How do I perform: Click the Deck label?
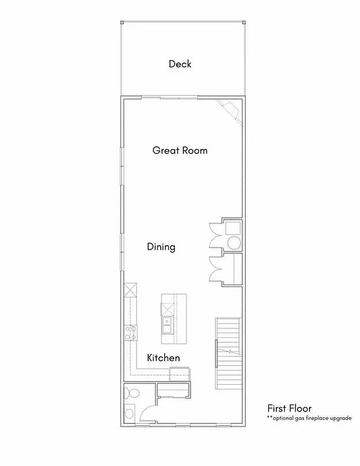(x=180, y=64)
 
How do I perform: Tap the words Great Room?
(x=180, y=150)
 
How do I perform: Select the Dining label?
(x=161, y=247)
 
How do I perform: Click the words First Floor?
(x=289, y=408)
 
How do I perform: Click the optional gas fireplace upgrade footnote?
(x=308, y=419)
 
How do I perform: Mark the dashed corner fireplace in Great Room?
(x=231, y=110)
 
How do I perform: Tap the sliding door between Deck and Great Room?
(x=178, y=98)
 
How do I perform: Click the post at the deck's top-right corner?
(x=243, y=22)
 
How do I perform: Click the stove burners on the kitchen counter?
(x=130, y=331)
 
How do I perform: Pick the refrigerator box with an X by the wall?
(x=130, y=291)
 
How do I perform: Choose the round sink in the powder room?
(x=129, y=414)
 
